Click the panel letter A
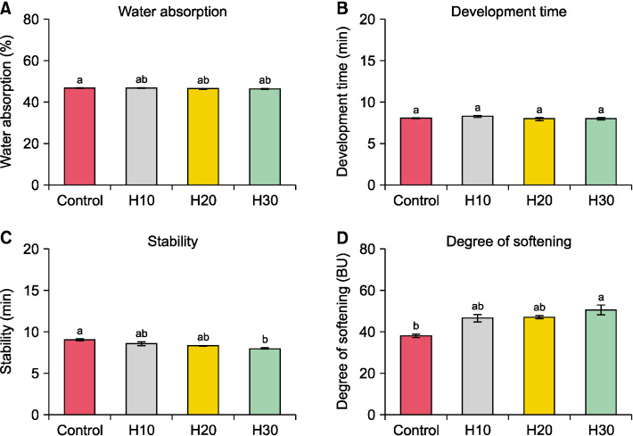click(6, 10)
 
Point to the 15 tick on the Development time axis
click(367, 61)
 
